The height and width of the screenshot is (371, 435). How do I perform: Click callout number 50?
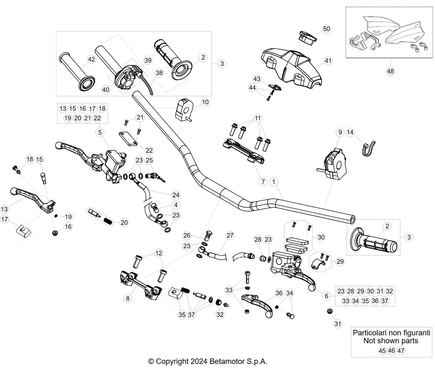327,29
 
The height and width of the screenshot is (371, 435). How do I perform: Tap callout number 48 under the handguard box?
390,71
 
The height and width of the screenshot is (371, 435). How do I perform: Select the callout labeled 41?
328,61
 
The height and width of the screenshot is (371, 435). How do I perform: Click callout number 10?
205,102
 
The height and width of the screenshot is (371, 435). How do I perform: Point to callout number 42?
91,59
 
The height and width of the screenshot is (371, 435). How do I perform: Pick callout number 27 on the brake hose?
230,235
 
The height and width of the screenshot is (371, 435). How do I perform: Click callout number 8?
128,298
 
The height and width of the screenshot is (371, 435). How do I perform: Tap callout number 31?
338,324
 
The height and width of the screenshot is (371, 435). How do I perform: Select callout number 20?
124,222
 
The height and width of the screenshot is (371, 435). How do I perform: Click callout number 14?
350,132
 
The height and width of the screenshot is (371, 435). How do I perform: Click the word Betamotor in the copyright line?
226,361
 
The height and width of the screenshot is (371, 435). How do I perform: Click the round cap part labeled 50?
307,38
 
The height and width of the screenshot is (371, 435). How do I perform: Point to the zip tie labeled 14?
368,149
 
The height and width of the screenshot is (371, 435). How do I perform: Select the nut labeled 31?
330,311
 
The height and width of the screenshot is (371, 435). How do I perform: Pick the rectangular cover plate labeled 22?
128,139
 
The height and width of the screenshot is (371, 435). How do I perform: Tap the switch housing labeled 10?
184,109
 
